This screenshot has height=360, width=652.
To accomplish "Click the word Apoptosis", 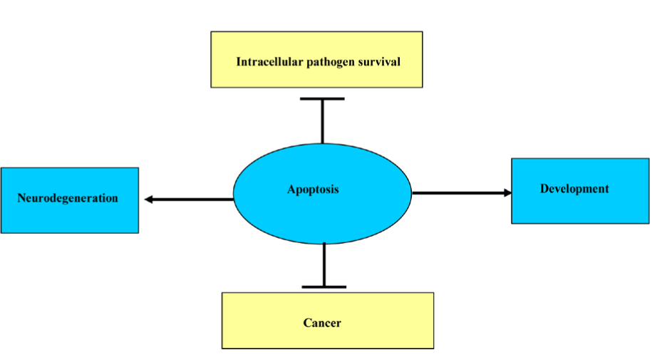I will click(313, 190).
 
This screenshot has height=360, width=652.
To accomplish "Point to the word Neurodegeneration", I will click(68, 198).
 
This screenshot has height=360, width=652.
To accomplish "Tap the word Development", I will click(574, 189).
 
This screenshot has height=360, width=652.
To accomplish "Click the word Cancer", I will click(322, 323).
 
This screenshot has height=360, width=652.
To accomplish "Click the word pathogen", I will click(331, 62).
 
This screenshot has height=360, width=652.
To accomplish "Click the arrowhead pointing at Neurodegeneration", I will click(149, 200).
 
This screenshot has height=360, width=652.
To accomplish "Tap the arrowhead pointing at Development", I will click(507, 192).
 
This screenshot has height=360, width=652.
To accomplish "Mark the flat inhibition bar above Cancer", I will click(324, 287).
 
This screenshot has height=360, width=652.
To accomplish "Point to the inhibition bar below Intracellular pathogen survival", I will click(323, 99).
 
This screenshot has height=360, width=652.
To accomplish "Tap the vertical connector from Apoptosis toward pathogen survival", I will click(323, 121).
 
